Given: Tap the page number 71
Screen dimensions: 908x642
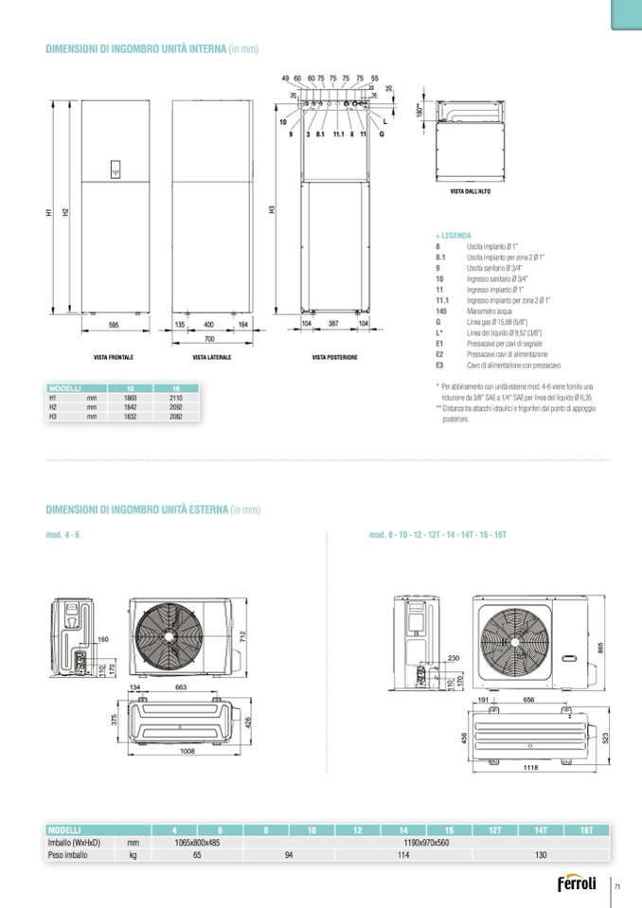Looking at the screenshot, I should [616, 886].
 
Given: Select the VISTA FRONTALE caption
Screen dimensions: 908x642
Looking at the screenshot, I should [113, 358].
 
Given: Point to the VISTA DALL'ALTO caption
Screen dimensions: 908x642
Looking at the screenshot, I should [468, 191].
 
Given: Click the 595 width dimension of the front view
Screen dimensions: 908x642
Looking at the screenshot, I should [113, 325].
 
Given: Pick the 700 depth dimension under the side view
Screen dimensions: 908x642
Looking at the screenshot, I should [210, 338].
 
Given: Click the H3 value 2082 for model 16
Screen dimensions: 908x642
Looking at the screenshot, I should [175, 416].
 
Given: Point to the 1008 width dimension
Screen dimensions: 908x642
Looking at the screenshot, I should [187, 750].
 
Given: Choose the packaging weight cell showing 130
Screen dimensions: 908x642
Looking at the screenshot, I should [540, 854].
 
